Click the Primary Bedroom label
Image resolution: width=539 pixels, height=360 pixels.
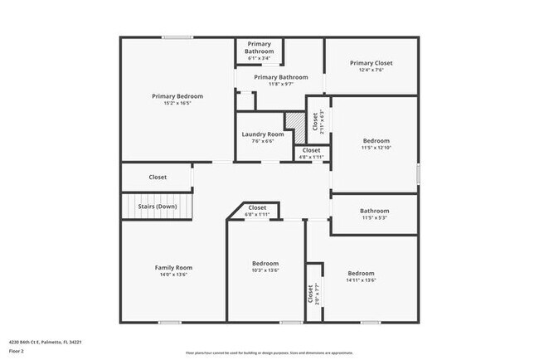[177, 96]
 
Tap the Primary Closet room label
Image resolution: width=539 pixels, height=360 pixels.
[371, 63]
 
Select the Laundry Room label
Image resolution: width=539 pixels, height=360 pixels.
[263, 134]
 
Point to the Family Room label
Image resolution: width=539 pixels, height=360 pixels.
[173, 267]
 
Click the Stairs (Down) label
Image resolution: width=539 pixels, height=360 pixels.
[158, 206]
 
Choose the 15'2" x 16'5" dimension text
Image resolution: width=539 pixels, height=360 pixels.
[177, 104]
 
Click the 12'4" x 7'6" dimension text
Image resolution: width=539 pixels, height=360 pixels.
[371, 71]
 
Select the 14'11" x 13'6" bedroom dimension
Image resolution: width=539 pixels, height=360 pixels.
[361, 280]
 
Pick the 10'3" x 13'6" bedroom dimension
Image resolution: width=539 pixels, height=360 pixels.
[265, 270]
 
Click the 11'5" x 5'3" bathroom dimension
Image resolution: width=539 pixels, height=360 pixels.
[374, 218]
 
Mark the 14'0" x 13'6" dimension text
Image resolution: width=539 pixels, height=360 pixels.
[173, 275]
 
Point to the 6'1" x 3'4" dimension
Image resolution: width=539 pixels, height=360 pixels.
[258, 58]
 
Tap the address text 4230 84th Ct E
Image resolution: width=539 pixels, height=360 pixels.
[45, 341]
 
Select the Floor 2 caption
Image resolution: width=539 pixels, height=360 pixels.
[17, 349]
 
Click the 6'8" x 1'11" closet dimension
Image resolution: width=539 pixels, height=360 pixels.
[257, 215]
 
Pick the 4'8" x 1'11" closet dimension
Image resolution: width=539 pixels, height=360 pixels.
[311, 157]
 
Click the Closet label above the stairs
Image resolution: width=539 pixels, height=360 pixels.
[158, 177]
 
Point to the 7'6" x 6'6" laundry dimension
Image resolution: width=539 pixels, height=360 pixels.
[263, 141]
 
